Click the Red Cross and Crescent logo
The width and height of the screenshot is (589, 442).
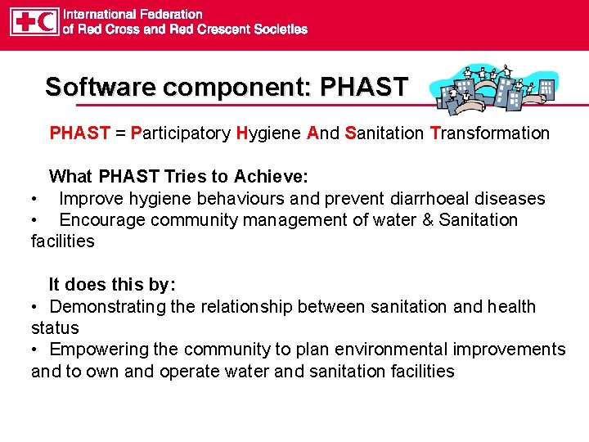(x=34, y=22)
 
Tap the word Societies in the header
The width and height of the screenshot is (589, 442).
(x=277, y=29)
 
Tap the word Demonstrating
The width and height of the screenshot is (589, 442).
(x=107, y=307)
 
